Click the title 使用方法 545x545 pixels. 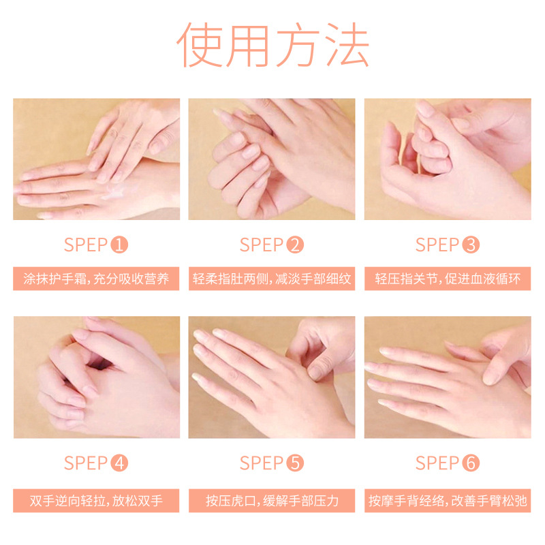point(272,46)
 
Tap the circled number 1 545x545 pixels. point(120,245)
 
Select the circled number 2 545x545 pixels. point(295,245)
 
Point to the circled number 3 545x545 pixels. point(471,245)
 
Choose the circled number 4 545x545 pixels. point(120,463)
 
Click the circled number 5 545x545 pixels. point(295,463)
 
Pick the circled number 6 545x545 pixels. point(471,463)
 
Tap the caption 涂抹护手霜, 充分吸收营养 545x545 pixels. point(96,279)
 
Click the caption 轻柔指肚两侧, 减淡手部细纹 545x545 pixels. point(272,279)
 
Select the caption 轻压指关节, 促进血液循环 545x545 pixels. point(448,279)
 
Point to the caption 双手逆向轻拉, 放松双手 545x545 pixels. point(96,501)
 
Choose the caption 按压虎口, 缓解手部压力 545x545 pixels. point(272,501)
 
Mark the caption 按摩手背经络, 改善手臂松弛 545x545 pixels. point(448,501)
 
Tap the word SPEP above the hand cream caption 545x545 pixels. point(85,245)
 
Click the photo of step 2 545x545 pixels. point(272,159)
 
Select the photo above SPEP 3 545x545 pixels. point(448,159)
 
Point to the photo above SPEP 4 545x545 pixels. point(96,377)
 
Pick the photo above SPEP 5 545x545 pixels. point(272,377)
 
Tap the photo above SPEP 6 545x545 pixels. point(448,377)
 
